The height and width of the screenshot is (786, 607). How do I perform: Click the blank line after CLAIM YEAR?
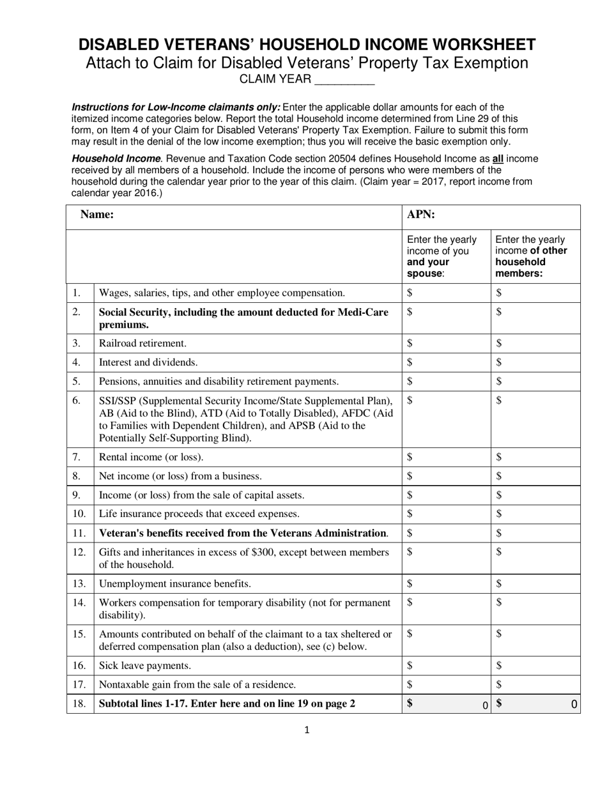point(345,81)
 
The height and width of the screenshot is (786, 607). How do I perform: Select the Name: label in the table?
point(97,215)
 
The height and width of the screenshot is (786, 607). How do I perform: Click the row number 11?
point(79,533)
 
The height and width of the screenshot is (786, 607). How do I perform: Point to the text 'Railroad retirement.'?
point(142,343)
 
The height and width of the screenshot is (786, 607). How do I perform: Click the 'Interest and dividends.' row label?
point(148,362)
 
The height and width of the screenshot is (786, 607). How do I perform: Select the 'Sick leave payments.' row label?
point(144,666)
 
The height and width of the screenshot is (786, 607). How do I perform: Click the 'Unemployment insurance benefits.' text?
point(174,583)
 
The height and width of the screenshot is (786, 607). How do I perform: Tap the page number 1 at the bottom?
point(307,730)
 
